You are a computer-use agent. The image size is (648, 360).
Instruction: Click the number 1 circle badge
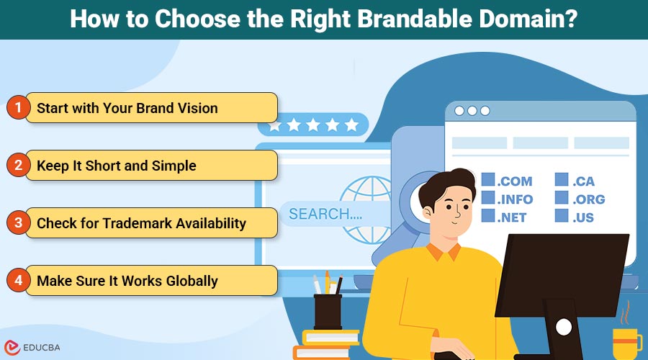[18, 107]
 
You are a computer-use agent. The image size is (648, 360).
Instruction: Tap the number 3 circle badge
[18, 222]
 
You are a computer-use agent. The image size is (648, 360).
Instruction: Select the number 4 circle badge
[18, 280]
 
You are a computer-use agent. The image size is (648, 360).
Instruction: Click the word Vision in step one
[197, 108]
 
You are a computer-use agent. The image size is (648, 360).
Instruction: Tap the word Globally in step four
[192, 281]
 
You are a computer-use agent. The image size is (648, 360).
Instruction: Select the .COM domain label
[515, 181]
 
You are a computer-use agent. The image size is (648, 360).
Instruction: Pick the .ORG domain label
[588, 199]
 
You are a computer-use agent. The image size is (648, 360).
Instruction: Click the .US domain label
[583, 217]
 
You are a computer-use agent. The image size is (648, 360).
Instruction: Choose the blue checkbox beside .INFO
[488, 197]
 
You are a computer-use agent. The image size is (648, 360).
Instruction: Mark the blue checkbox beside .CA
[562, 179]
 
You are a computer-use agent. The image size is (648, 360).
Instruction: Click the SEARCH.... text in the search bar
[325, 214]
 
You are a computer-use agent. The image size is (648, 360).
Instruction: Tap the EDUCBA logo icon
[12, 348]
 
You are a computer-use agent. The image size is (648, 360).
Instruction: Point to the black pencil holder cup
[328, 312]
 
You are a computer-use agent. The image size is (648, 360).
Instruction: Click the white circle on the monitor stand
[564, 327]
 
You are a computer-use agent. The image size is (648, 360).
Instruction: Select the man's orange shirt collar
[443, 251]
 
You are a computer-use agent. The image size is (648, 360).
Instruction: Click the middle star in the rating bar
[313, 125]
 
